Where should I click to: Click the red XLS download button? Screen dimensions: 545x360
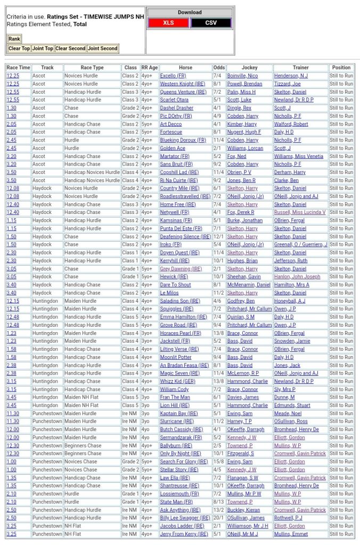coord(168,23)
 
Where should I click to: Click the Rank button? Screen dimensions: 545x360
coord(14,39)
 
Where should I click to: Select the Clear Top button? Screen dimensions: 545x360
coord(19,48)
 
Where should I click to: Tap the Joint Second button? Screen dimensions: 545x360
coord(102,48)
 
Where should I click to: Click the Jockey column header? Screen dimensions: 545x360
coord(249,68)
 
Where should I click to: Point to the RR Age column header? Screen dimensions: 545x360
coord(149,68)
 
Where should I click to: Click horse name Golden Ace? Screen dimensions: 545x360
coord(173,148)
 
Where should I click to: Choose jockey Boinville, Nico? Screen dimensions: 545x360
coord(242,76)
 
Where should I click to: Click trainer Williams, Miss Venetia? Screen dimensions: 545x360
coord(298,156)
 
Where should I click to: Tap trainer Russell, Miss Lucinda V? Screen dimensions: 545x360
coord(300,212)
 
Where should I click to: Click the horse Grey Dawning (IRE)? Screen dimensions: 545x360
coord(181,269)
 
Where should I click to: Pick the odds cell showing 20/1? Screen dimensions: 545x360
coord(219,518)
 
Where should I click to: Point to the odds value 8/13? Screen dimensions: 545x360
coord(219,501)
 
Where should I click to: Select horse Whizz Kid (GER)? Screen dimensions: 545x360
coord(178,381)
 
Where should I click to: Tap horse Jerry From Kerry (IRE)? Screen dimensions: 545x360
coord(184,534)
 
